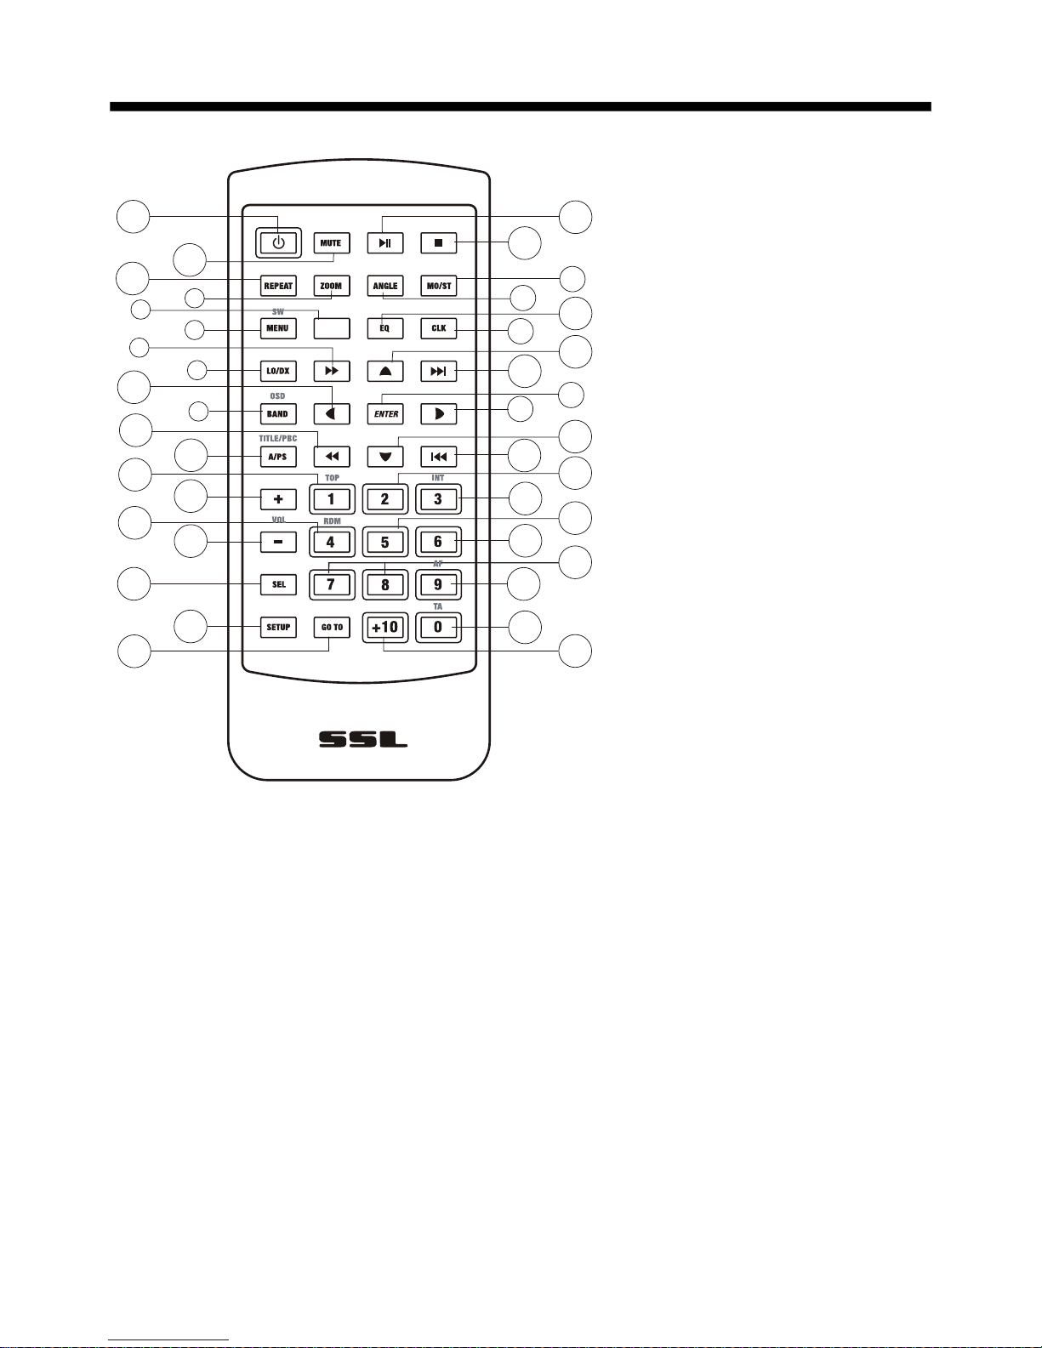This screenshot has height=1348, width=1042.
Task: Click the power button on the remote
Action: point(278,242)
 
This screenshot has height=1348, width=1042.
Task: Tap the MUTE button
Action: point(331,242)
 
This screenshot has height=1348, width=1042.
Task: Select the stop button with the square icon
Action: point(439,242)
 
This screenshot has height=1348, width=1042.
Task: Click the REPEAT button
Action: point(278,286)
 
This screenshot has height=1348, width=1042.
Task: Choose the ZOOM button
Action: point(331,286)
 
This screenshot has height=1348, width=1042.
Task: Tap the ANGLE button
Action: point(385,286)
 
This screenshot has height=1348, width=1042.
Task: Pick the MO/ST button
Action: point(439,286)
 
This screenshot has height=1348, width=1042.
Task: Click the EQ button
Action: point(385,328)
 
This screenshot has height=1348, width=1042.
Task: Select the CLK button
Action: point(439,328)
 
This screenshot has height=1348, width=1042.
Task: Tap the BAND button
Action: point(278,414)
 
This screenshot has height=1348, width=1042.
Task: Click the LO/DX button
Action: point(278,371)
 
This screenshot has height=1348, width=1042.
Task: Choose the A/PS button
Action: point(278,457)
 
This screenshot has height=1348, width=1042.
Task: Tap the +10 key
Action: point(385,628)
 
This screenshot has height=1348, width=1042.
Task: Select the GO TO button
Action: point(332,628)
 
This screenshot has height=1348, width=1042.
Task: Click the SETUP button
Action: point(278,628)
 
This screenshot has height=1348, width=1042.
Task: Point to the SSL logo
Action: point(363,739)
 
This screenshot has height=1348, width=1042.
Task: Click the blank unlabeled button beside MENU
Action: point(331,328)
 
